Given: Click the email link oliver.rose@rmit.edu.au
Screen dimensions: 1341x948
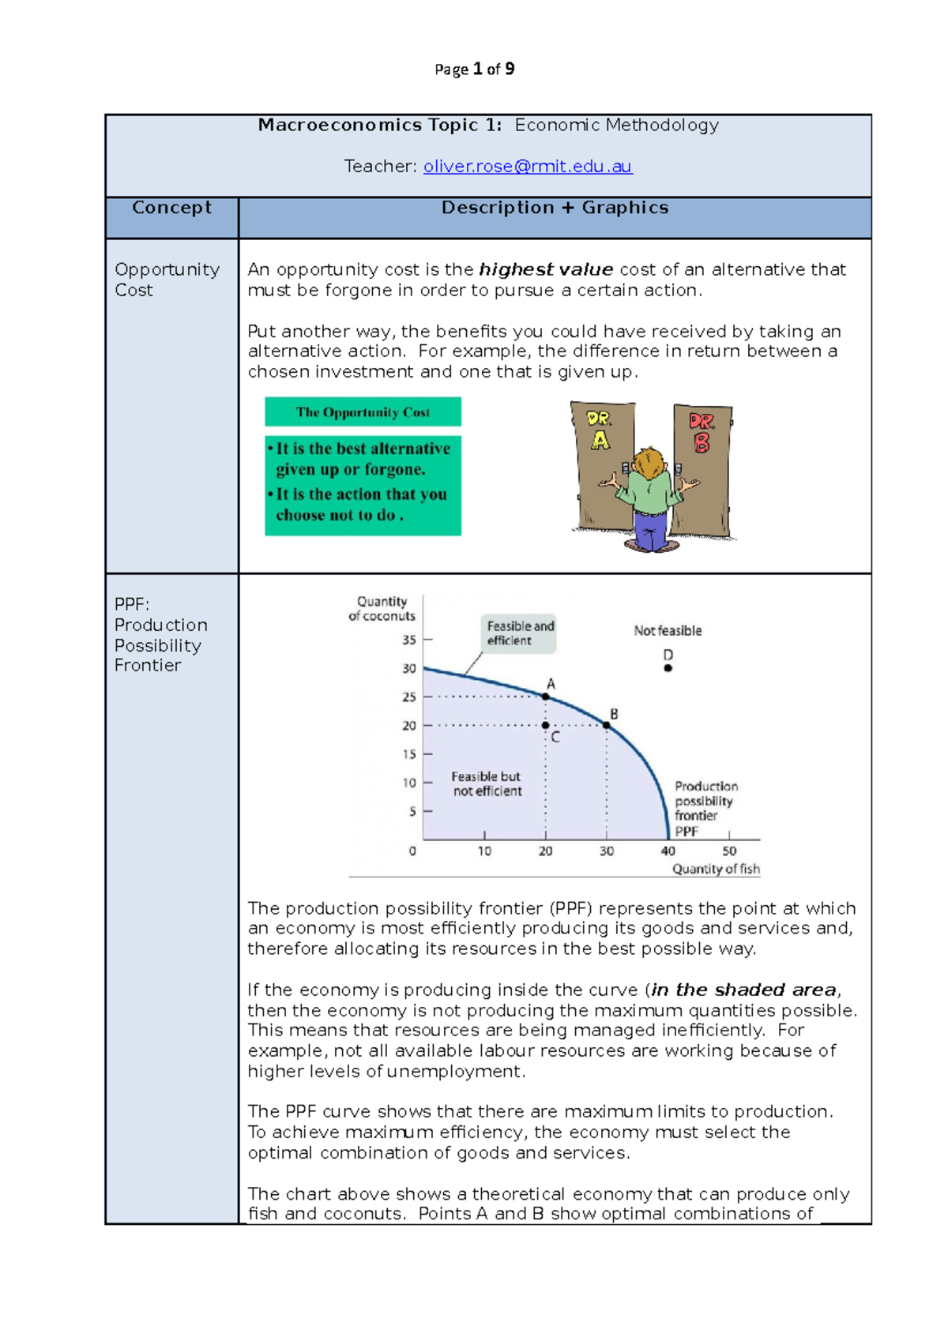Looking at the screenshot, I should tap(528, 167).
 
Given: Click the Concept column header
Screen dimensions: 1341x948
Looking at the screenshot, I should tap(171, 208).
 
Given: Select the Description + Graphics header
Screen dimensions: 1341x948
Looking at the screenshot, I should tap(555, 208).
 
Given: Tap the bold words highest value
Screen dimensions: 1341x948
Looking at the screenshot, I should tap(545, 270).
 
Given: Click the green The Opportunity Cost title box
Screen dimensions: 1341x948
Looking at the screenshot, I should tap(363, 412).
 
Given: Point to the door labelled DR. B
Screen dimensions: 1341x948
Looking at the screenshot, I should tap(702, 466).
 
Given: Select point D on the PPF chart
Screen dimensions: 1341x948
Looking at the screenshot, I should tap(668, 668).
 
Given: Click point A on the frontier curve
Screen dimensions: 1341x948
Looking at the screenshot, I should tap(546, 697).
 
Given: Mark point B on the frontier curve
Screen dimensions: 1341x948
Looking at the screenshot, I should tap(607, 725).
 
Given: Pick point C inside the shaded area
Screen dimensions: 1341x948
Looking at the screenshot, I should tap(546, 725).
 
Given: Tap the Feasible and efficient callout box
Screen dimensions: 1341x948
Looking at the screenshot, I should tap(519, 633).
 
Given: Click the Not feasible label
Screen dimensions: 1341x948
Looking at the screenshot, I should tap(668, 631).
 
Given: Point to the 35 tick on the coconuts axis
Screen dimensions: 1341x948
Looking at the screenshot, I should tap(409, 640).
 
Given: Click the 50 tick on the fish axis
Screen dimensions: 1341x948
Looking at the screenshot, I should tap(729, 851).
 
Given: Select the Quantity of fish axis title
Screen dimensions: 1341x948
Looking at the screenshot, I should tap(716, 869).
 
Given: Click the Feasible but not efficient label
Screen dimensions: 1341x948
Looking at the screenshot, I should tap(486, 783).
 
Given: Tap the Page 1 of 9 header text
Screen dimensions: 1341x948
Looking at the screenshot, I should tap(474, 69).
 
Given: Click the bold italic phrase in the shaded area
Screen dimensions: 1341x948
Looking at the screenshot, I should tap(743, 990).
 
